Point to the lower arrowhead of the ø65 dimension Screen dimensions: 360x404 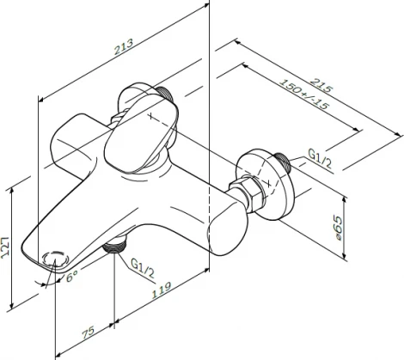(345, 247)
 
